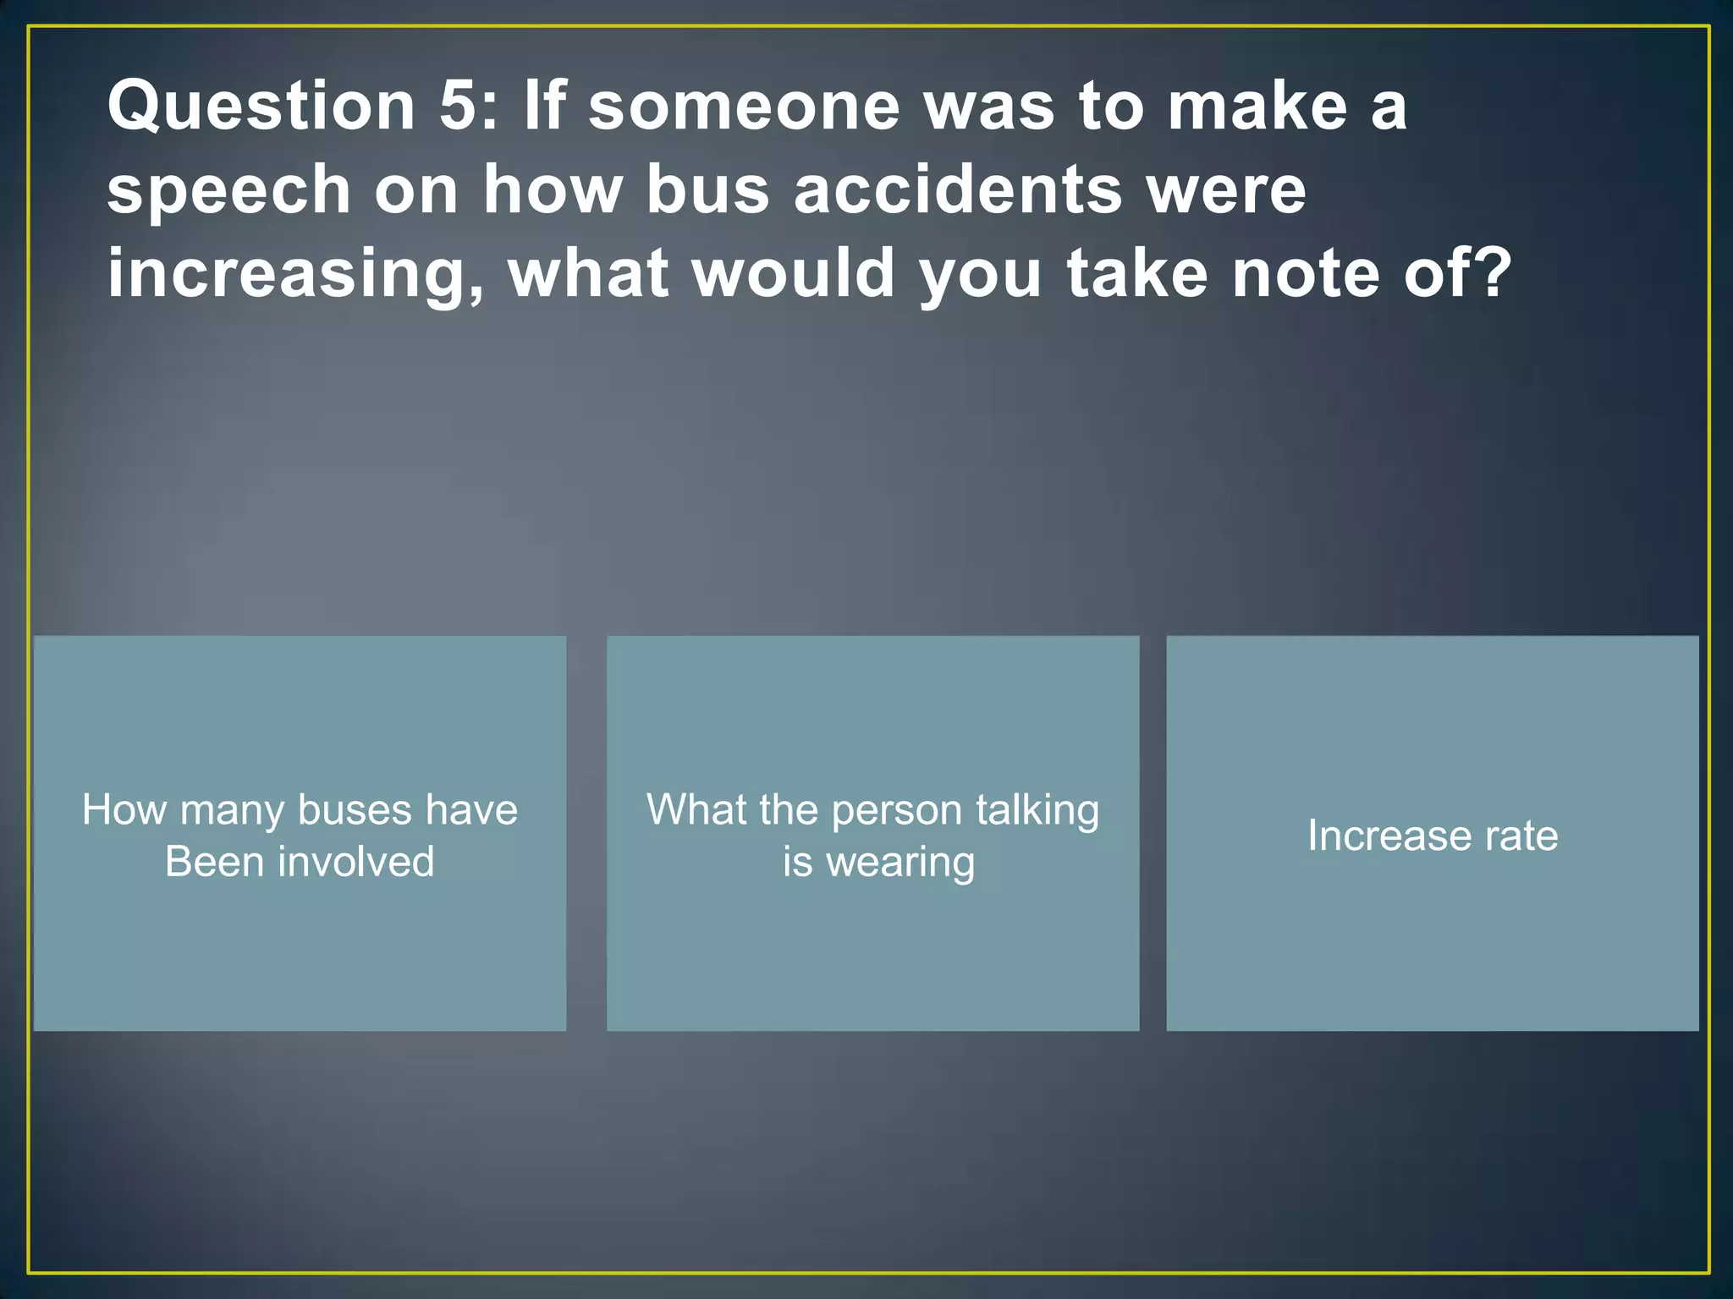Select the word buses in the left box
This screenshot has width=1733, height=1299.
(355, 810)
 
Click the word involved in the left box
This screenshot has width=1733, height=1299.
(355, 862)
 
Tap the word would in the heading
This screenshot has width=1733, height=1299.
(794, 273)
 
